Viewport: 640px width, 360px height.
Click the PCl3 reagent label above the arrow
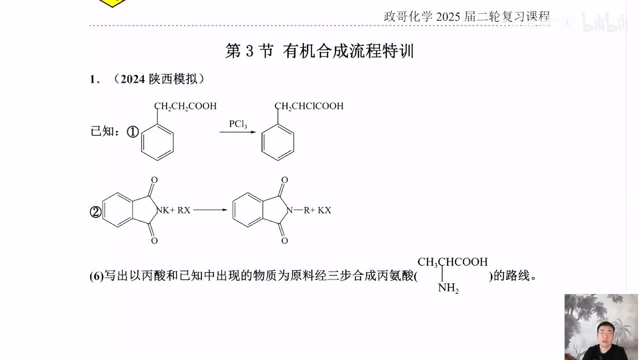[238, 124]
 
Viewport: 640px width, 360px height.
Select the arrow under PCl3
[237, 132]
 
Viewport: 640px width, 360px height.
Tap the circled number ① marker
[132, 131]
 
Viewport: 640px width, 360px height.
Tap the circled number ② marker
[95, 212]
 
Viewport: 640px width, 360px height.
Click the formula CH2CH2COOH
[185, 106]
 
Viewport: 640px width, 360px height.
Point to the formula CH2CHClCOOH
[309, 106]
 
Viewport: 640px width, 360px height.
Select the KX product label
[324, 210]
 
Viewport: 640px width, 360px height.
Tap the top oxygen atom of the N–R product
[284, 180]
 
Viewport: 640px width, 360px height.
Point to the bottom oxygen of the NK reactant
[154, 241]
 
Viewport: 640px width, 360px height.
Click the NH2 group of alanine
[448, 288]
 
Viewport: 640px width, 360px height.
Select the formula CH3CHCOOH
[452, 262]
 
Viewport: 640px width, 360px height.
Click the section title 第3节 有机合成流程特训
[319, 51]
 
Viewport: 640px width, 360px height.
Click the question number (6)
[96, 276]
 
